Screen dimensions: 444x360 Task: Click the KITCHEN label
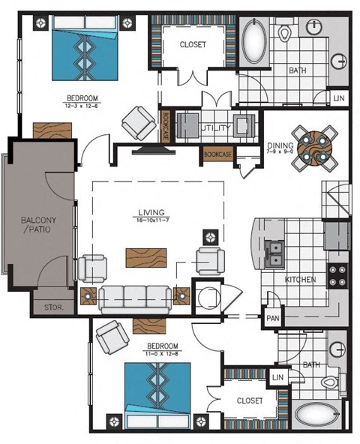pyautogui.click(x=300, y=280)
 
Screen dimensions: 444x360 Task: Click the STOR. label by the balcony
pyautogui.click(x=52, y=307)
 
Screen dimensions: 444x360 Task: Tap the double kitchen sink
pyautogui.click(x=274, y=253)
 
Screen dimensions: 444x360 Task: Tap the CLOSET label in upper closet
pyautogui.click(x=193, y=45)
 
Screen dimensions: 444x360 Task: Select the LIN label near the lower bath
pyautogui.click(x=278, y=377)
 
